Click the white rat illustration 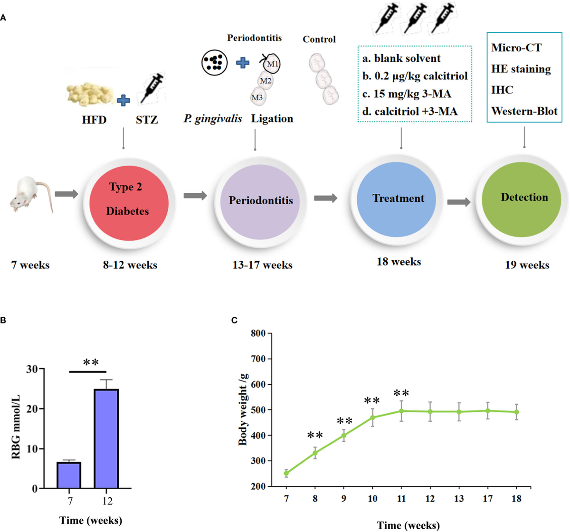(29, 194)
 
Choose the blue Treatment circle (398, 198)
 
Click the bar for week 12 (106, 438)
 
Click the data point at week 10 (373, 418)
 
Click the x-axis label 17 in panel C (488, 499)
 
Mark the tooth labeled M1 (272, 64)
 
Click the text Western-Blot (524, 112)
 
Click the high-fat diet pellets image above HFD (90, 94)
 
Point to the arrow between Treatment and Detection (459, 201)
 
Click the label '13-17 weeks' (262, 265)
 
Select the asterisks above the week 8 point (315, 435)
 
